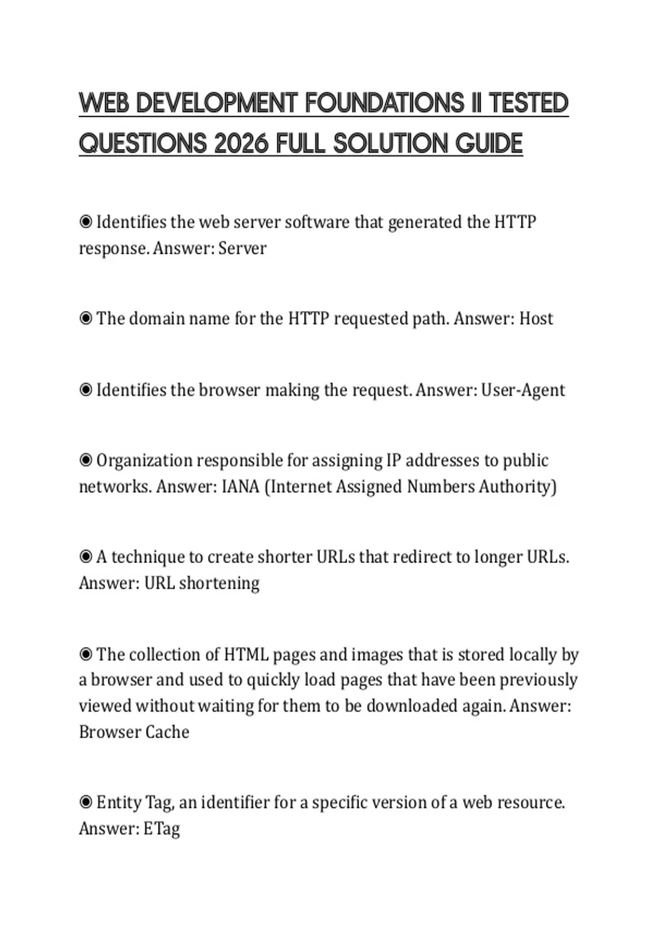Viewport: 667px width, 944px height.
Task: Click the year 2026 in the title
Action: [x=241, y=143]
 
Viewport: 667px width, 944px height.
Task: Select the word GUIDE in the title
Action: [x=489, y=143]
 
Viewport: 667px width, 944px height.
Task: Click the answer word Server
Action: [x=242, y=248]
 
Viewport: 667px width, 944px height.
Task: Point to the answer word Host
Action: [x=536, y=319]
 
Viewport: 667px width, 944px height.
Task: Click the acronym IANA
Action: [x=241, y=486]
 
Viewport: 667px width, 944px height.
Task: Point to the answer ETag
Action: [x=162, y=828]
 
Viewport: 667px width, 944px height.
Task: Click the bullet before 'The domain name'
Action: [x=86, y=319]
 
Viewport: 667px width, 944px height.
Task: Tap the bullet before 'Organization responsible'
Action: [x=86, y=460]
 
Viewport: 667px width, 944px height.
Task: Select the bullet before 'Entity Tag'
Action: [x=86, y=802]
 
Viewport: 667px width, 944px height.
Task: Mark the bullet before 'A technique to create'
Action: [x=86, y=557]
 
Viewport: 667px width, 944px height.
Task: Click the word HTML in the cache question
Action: [x=246, y=655]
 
